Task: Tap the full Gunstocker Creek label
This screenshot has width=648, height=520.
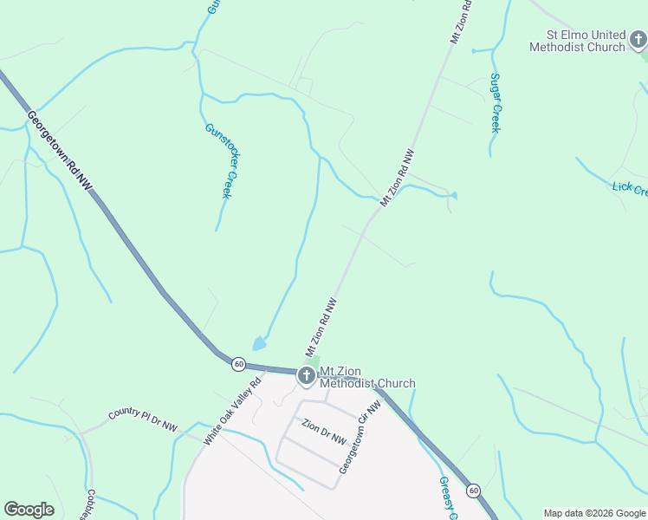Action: (x=218, y=160)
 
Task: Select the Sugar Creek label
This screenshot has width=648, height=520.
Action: (x=496, y=102)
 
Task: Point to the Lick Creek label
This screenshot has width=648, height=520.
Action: (x=629, y=189)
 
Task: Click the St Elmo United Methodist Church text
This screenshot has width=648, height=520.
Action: (x=577, y=41)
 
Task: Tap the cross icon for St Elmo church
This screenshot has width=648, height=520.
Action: (x=638, y=39)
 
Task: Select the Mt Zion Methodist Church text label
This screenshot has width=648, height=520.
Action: (x=367, y=378)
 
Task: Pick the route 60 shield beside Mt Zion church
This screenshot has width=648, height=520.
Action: (x=239, y=364)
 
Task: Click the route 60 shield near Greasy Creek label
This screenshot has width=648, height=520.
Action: (x=474, y=491)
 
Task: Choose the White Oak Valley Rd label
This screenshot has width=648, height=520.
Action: (x=231, y=412)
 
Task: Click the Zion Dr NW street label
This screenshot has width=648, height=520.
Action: (x=325, y=432)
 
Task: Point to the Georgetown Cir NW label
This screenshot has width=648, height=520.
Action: (x=360, y=437)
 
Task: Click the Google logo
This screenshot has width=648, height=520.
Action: (x=29, y=510)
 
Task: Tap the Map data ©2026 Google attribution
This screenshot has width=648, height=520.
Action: (x=594, y=513)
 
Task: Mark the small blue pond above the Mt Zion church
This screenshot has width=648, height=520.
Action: (x=259, y=343)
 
